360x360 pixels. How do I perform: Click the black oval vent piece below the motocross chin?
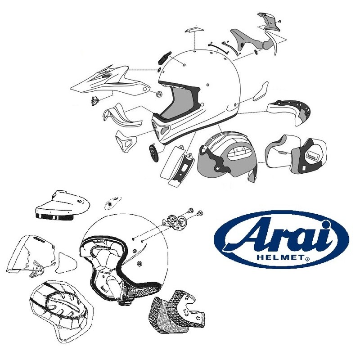point(153,153)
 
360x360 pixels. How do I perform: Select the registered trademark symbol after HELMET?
point(307,260)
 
